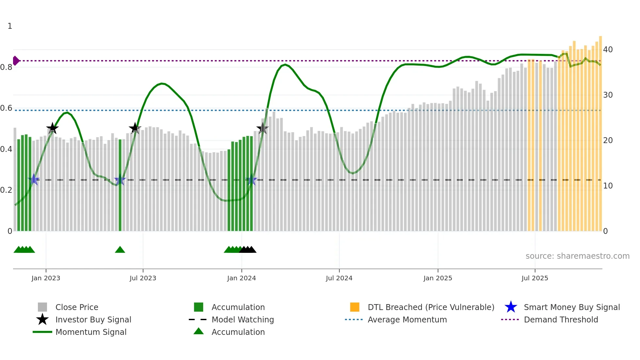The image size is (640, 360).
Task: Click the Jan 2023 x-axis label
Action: coord(46,278)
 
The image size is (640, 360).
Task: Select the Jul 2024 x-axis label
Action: coord(339,278)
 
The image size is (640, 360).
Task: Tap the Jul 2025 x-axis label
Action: coord(535,278)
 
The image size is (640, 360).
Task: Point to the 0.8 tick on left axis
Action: coord(7,67)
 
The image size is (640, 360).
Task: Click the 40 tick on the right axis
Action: coord(608,50)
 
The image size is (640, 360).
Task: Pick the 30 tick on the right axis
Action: coord(608,95)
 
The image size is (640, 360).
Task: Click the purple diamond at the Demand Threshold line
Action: coord(16,61)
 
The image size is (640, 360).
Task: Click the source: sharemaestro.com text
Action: coord(577,256)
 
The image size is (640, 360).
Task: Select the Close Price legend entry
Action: coord(77,307)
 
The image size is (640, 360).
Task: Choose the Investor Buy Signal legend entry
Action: coord(93,319)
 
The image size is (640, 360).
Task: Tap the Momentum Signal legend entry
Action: coord(91,332)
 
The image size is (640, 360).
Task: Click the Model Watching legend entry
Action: coord(243,319)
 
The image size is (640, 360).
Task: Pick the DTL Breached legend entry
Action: coord(431,307)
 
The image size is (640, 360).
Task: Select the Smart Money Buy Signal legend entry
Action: coord(571,307)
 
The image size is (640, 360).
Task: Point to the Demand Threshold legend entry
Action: coord(561,319)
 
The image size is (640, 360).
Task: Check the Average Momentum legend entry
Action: coord(407,319)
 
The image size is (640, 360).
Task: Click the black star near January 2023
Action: coord(52,128)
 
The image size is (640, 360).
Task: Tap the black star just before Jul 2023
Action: coord(135,128)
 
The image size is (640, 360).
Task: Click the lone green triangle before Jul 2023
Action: coord(120,250)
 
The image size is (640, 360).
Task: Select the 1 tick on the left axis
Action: coord(10,26)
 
